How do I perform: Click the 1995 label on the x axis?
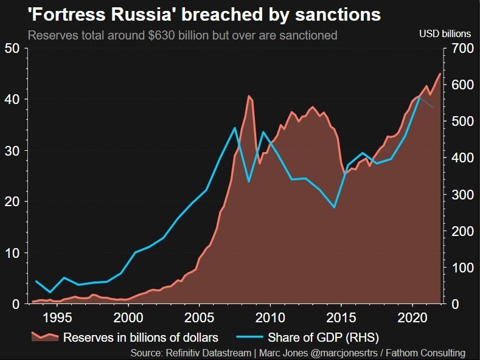58,317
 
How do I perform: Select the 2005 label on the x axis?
200,317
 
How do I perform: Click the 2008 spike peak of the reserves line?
249,96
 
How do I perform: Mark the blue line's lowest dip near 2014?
334,207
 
